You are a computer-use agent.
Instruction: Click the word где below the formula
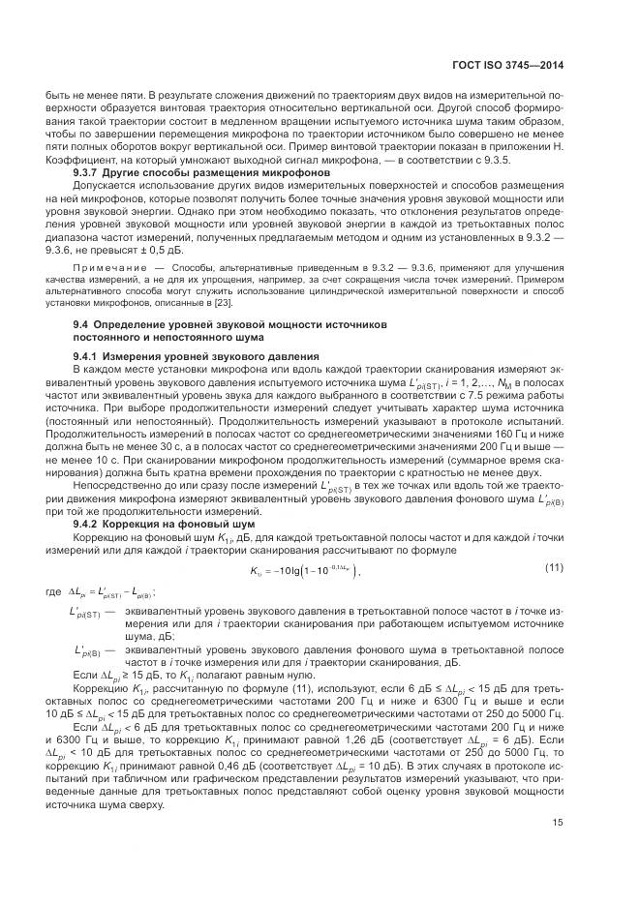click(x=68, y=590)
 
